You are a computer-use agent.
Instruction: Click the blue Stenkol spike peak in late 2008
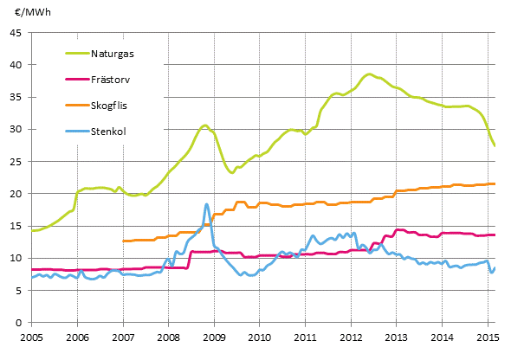point(206,204)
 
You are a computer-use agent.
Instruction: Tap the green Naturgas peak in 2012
point(369,74)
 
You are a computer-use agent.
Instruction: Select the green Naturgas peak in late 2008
point(204,125)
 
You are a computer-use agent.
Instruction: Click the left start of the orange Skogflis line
point(124,241)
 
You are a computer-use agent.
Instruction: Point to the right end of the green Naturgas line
point(495,145)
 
